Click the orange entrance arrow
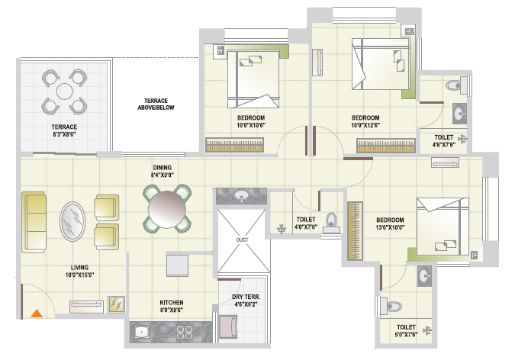(x=37, y=313)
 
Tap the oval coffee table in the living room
(x=72, y=221)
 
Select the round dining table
(x=167, y=209)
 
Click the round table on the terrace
(x=64, y=91)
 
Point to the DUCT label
(x=243, y=239)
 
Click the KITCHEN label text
(x=172, y=303)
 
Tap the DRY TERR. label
(x=246, y=297)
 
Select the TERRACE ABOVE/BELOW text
(x=156, y=104)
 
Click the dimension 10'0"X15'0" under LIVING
(x=79, y=275)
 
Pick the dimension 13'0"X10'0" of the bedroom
(x=390, y=227)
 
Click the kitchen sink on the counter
(x=142, y=332)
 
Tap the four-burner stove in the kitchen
(x=185, y=332)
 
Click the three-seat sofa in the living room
(x=34, y=223)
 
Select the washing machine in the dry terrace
(x=228, y=326)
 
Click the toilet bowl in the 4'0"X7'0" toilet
(x=331, y=221)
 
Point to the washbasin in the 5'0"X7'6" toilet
(x=424, y=276)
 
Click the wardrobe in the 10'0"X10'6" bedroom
(x=234, y=145)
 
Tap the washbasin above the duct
(x=241, y=196)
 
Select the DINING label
(x=163, y=168)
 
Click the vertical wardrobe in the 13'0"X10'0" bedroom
(x=355, y=231)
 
